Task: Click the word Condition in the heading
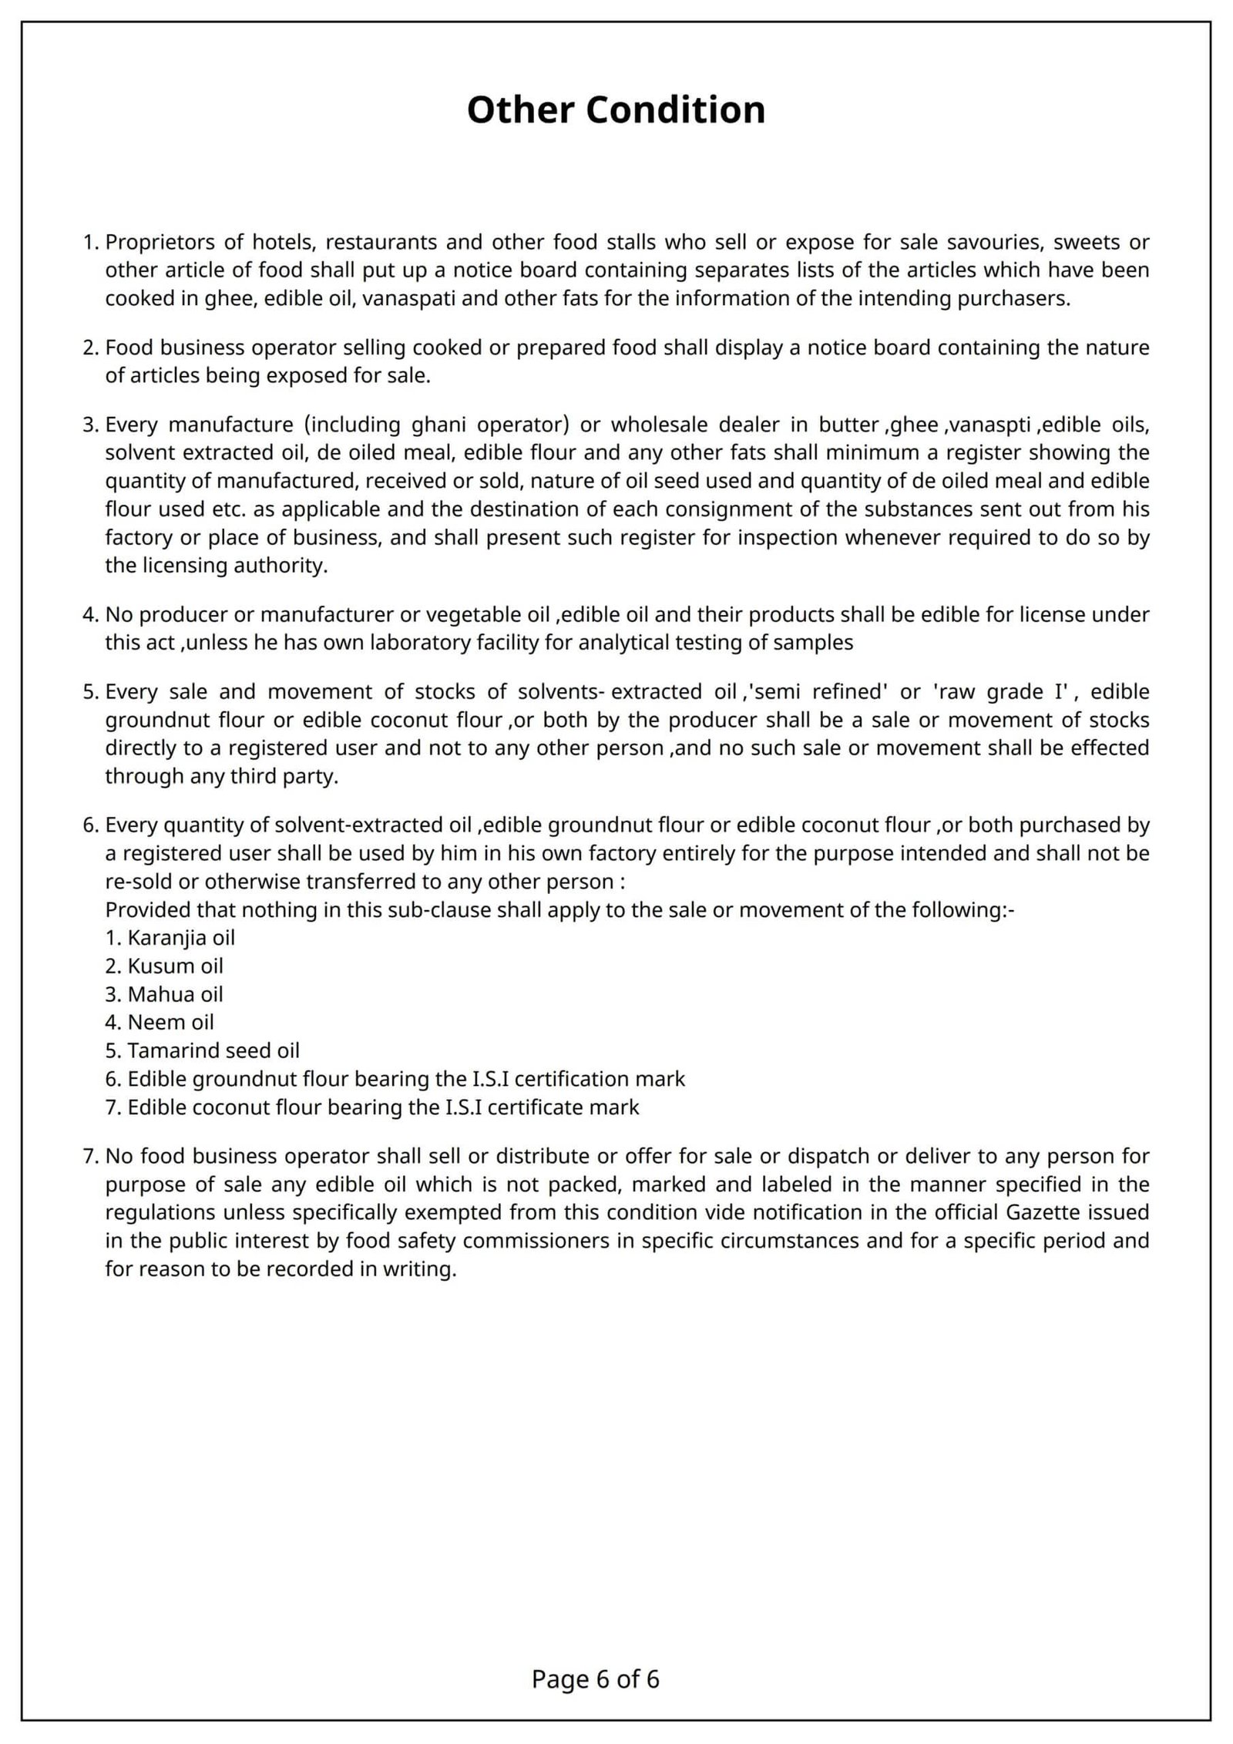pyautogui.click(x=675, y=110)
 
